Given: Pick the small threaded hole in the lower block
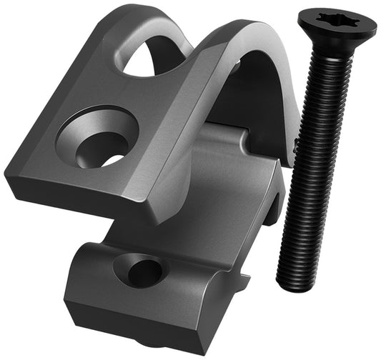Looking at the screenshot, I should pyautogui.click(x=141, y=271).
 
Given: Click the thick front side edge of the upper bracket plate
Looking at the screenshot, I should pyautogui.click(x=79, y=196).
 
